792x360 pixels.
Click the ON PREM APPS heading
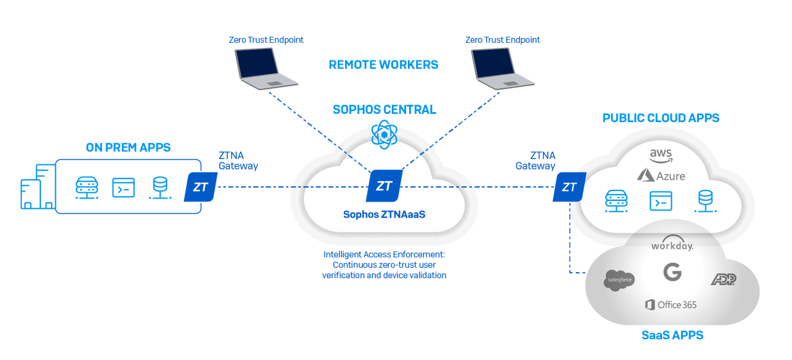128,148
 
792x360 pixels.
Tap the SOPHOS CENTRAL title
384,110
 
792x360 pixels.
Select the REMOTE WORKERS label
384,65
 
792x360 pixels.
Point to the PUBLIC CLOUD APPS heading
660,118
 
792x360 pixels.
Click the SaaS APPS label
672,336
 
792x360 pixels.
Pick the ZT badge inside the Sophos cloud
384,186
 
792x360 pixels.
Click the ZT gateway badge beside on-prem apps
200,187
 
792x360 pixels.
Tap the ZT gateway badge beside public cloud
569,187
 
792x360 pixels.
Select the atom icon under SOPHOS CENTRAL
384,135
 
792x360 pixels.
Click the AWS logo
660,156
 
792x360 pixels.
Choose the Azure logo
661,176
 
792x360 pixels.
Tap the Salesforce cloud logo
619,280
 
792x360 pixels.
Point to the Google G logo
672,272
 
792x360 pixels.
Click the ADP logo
723,279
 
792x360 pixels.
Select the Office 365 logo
671,305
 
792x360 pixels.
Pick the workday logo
672,246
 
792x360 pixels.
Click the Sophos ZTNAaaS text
384,214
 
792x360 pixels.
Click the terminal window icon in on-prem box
124,187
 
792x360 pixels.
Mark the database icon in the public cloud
705,201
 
